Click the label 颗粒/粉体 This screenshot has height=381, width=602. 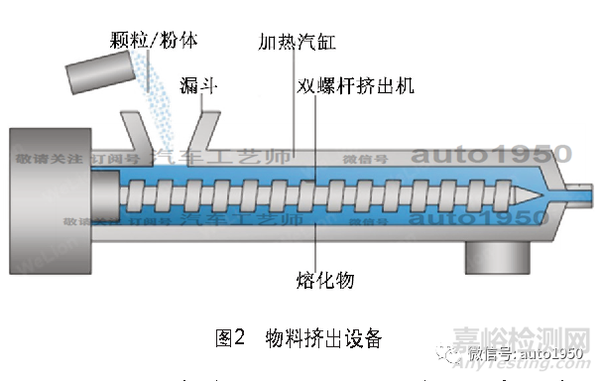[x=155, y=41]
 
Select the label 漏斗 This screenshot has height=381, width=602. [x=198, y=86]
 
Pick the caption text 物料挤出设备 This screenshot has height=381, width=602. [x=323, y=338]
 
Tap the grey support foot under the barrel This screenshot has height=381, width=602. [x=496, y=257]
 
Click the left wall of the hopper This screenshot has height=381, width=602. [x=133, y=133]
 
